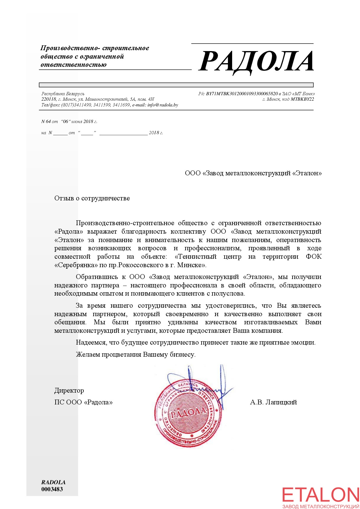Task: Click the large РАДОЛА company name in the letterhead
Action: pyautogui.click(x=256, y=62)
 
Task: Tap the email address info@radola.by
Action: pyautogui.click(x=163, y=105)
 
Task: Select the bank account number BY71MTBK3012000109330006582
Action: pyautogui.click(x=242, y=94)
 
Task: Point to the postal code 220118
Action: pyautogui.click(x=49, y=99)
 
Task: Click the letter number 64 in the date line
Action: pyautogui.click(x=48, y=122)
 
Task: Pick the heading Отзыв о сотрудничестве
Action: pyautogui.click(x=92, y=198)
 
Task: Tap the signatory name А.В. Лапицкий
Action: pyautogui.click(x=273, y=402)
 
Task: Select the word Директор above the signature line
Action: pyautogui.click(x=69, y=391)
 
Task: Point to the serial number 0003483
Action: pyautogui.click(x=52, y=489)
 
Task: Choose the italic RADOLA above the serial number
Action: pyautogui.click(x=54, y=482)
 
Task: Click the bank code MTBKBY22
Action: pyautogui.click(x=302, y=99)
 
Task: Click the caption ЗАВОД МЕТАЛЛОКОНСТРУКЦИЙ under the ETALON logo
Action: pyautogui.click(x=321, y=506)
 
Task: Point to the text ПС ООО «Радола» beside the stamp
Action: pyautogui.click(x=83, y=402)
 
